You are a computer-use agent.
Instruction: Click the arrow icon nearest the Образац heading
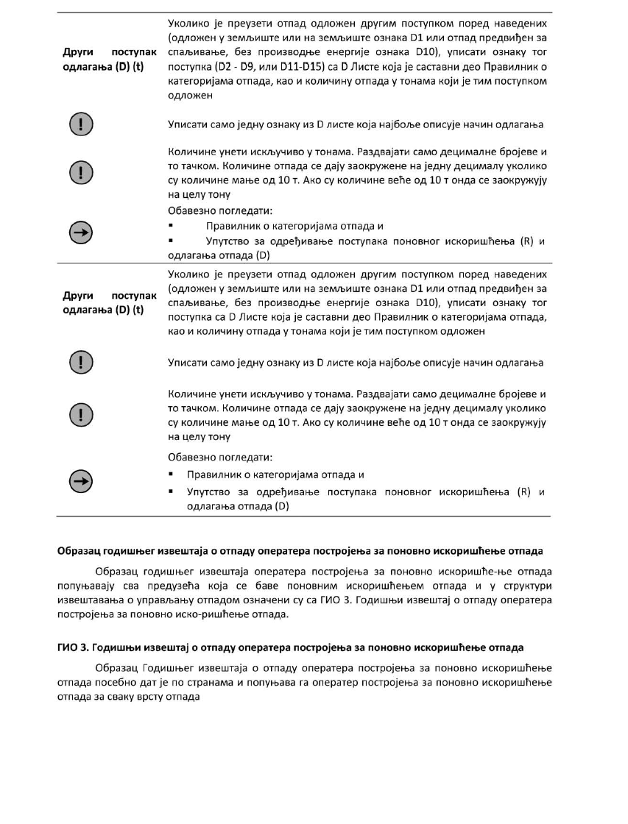click(x=78, y=482)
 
